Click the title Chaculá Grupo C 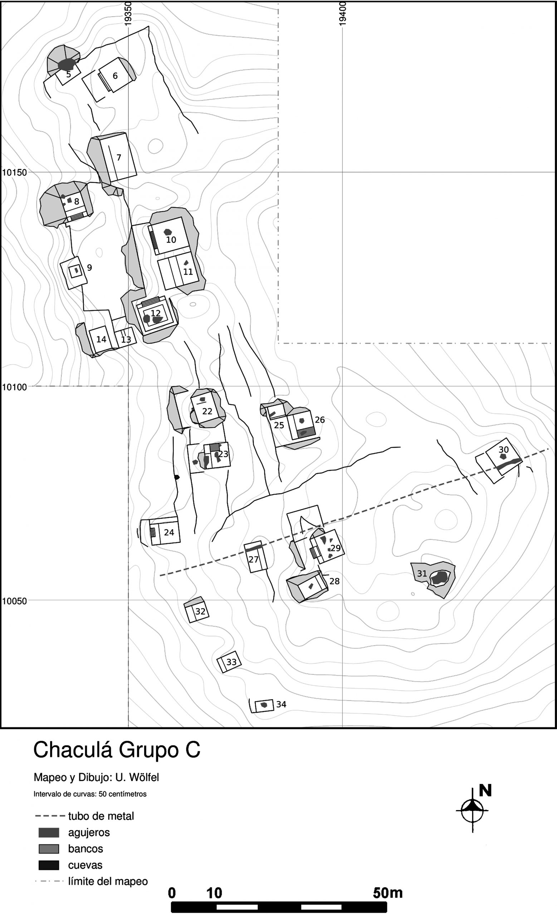[117, 750]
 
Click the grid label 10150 [15, 172]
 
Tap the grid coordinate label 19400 [342, 14]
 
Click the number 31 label [422, 574]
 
